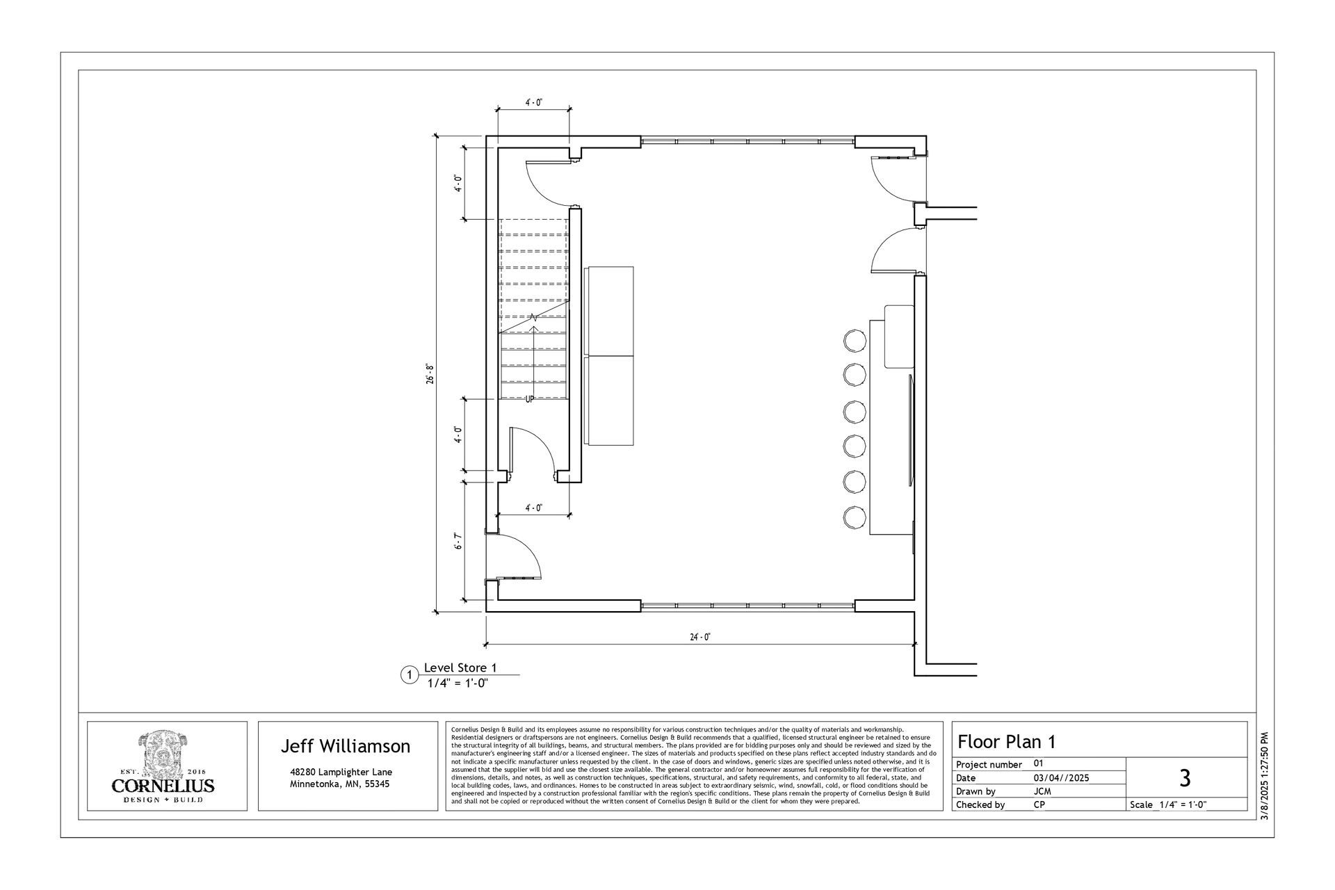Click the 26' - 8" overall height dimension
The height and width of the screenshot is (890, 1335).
(430, 375)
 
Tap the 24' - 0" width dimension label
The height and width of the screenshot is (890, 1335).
(700, 637)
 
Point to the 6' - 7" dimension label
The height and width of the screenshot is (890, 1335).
(458, 541)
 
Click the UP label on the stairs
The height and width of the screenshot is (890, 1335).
(529, 400)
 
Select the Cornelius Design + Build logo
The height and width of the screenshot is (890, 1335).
(163, 767)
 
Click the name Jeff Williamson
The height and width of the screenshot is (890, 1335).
(346, 746)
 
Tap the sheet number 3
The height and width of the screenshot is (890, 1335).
(1186, 777)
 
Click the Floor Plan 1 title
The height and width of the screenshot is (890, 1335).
(1007, 741)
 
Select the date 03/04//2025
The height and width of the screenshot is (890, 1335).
(1062, 778)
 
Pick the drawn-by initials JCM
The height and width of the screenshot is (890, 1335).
(1042, 791)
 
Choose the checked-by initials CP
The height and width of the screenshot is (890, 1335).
(1039, 805)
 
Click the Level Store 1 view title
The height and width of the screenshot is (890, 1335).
(460, 668)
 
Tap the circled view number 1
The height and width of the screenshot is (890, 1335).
(410, 675)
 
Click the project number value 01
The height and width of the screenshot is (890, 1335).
(1039, 763)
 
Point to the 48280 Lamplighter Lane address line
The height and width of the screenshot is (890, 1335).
(341, 772)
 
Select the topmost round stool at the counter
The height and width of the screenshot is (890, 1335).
(855, 341)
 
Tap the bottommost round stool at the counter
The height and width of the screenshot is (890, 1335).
(855, 517)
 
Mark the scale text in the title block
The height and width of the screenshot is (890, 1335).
(1168, 805)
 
